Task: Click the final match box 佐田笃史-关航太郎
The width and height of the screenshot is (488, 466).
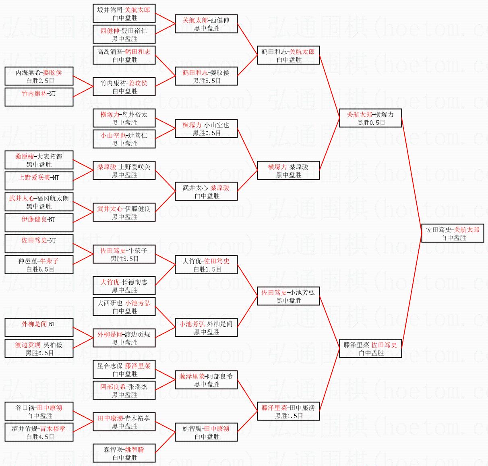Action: (453, 233)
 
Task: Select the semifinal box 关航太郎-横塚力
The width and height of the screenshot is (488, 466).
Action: (370, 118)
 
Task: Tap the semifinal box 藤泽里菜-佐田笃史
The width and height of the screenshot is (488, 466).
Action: (370, 348)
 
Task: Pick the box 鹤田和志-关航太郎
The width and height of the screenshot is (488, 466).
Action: (288, 55)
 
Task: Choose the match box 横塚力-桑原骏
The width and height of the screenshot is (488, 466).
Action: (288, 170)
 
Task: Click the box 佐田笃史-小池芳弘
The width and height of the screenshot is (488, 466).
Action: (288, 296)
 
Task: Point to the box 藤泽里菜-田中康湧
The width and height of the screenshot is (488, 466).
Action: (288, 411)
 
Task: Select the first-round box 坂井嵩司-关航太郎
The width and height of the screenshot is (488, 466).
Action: (124, 13)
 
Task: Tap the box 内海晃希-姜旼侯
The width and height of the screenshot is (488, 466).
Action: (39, 76)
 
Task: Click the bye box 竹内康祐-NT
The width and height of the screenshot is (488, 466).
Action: (39, 97)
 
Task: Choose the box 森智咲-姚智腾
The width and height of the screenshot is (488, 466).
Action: (124, 453)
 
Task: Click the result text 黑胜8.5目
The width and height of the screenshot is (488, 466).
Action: (207, 81)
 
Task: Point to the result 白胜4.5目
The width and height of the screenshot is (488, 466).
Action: (40, 437)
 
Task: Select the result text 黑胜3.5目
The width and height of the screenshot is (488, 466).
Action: (124, 259)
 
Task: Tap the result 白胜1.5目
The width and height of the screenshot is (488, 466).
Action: (207, 269)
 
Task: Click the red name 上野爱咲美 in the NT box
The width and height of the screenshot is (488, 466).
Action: (34, 177)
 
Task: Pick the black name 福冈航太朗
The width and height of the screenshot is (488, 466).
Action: (53, 198)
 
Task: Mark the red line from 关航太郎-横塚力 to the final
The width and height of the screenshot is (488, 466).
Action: (411, 175)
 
